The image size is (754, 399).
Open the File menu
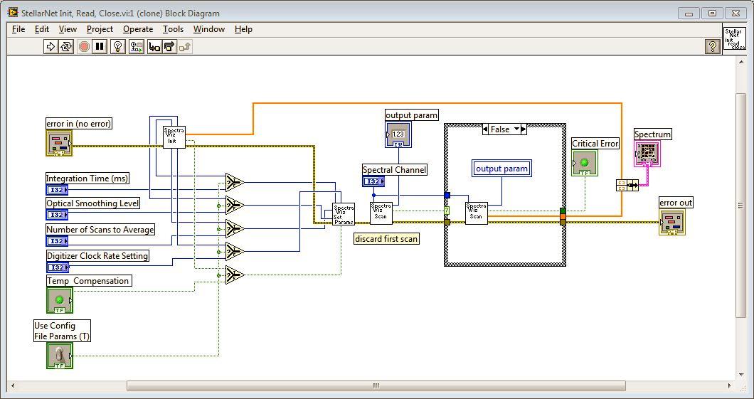pos(18,29)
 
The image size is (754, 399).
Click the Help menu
pos(243,29)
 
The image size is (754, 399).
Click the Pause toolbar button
pos(100,46)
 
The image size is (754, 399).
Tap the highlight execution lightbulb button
pos(118,46)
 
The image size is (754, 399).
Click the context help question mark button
pos(712,46)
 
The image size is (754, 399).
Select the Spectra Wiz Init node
pos(174,137)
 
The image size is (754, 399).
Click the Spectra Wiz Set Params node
pos(343,214)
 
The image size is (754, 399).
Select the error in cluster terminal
pos(59,143)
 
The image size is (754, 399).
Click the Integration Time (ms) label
pos(87,179)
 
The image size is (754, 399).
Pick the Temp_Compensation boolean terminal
pos(60,300)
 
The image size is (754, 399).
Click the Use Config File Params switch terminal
pos(60,355)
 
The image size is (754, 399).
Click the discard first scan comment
pos(386,239)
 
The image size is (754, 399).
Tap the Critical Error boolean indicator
pos(585,163)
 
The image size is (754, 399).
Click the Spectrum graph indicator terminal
pos(647,154)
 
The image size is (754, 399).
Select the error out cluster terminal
pos(672,222)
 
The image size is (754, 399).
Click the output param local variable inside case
pos(501,169)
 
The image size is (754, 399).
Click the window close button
pos(737,13)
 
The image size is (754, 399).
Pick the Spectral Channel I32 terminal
pos(373,181)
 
